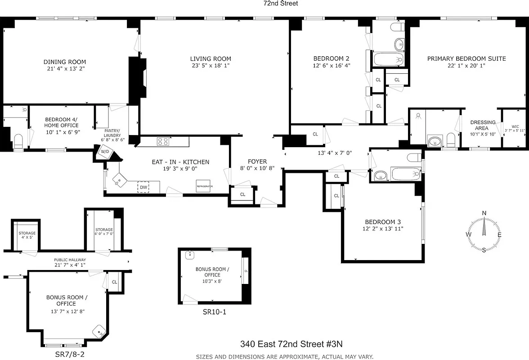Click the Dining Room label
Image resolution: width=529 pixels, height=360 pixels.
64,62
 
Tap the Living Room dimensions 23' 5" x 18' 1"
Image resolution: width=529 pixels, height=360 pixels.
211,66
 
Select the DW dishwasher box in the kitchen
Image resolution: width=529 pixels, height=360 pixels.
143,187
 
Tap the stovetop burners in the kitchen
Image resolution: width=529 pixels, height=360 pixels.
162,141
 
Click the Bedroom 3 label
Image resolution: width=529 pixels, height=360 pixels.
382,222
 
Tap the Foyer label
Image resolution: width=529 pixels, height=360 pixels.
257,162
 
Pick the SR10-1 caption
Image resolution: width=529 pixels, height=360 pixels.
211,311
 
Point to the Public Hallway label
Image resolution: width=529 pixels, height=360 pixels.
70,260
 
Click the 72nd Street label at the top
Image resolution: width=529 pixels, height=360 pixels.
281,3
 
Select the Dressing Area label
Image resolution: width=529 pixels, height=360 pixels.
483,125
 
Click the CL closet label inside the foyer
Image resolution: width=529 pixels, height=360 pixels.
242,194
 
